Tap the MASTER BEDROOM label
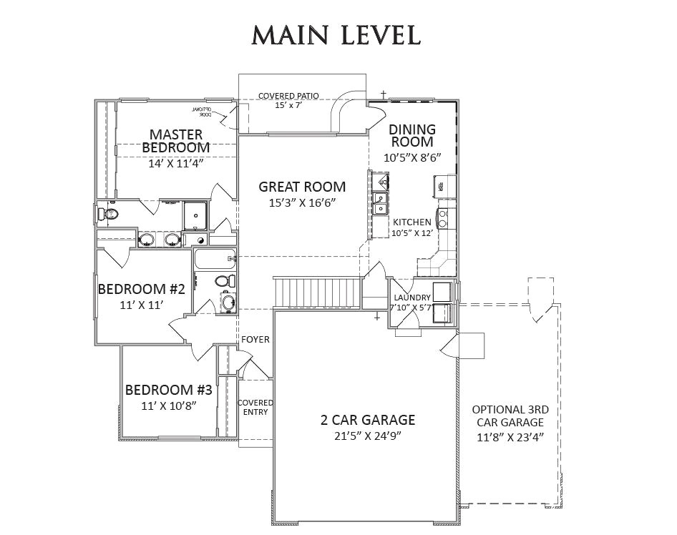coord(176,140)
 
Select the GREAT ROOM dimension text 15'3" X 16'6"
coord(301,203)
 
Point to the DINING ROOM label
coord(412,135)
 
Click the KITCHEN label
coord(412,222)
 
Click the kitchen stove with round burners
coord(443,217)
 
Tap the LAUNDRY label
coord(412,298)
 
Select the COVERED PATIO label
coord(288,95)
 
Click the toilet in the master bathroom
coord(109,213)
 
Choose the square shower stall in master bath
coord(195,215)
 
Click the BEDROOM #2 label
coord(142,290)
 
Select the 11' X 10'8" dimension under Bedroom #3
coord(168,406)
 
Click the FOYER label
coord(255,339)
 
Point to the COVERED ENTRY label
coord(255,407)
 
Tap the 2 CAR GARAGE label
coord(367,420)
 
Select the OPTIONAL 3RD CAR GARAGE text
coord(510,422)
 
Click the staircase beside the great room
coord(314,293)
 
